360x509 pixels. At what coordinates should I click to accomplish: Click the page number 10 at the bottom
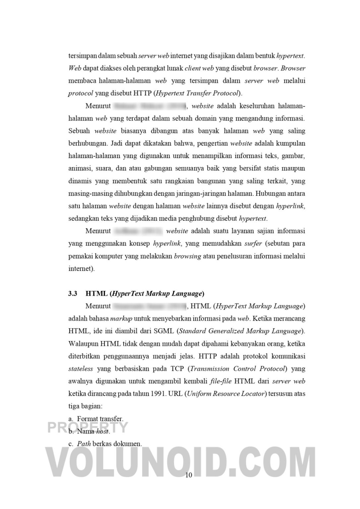pos(188,475)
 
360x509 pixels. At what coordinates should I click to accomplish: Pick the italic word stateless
pos(81,369)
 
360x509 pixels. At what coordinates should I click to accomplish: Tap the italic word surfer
pos(253,244)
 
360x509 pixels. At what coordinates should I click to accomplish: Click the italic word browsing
pos(187,256)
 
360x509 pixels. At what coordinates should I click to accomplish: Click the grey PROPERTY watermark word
pos(88,427)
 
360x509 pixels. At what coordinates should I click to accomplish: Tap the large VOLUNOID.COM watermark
pos(182,461)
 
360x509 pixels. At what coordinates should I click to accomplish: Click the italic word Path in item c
pos(84,444)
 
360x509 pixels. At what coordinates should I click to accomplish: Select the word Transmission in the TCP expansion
pos(210,369)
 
